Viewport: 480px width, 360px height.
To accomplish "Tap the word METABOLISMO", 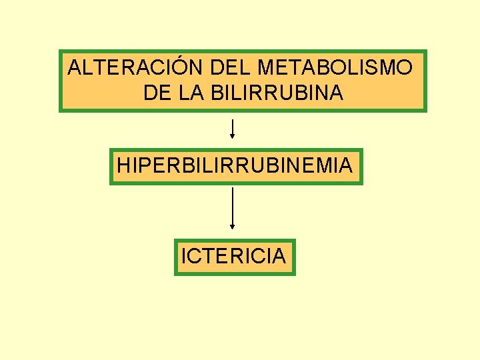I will [334, 67].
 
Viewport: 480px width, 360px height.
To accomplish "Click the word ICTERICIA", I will [233, 255].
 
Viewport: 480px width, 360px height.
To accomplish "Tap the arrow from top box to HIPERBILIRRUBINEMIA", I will [232, 129].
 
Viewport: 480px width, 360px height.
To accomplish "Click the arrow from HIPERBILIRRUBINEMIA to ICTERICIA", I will [232, 208].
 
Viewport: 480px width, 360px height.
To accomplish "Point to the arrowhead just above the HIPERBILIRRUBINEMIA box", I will [232, 135].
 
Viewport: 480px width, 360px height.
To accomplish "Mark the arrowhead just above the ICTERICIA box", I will [232, 227].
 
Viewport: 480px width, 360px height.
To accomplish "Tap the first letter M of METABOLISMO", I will [265, 67].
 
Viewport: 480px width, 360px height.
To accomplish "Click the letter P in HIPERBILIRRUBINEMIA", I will [146, 165].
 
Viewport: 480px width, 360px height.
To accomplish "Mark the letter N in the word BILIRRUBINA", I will [321, 93].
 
